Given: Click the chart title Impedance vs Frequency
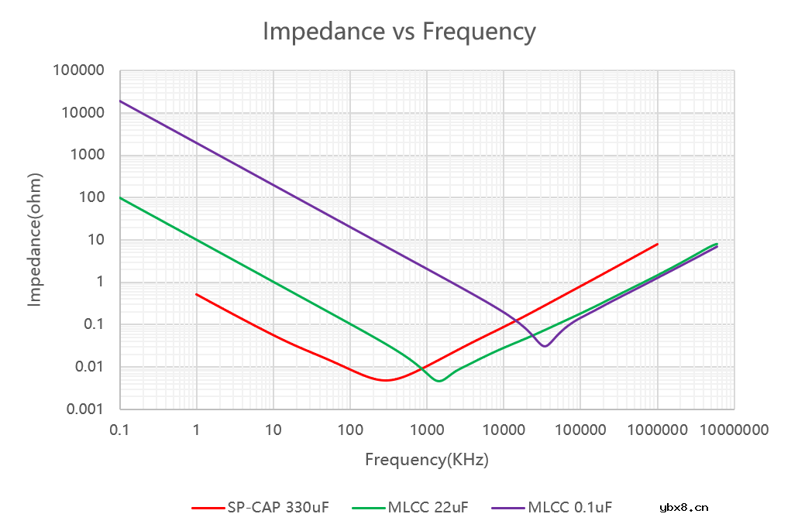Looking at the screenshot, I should point(399,32).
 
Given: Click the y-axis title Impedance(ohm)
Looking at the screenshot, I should point(35,240).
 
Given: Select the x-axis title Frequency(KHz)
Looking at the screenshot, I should point(427,460).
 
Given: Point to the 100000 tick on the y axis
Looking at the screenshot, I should point(78,71).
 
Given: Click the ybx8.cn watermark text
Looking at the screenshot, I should point(683,508).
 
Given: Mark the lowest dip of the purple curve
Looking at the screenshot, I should point(545,346).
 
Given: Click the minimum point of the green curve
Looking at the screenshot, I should point(439,381).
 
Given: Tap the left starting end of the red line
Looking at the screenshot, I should point(197,294).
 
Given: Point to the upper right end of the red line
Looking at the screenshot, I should point(657,244).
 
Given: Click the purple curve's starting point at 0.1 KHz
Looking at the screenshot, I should point(120,101).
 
